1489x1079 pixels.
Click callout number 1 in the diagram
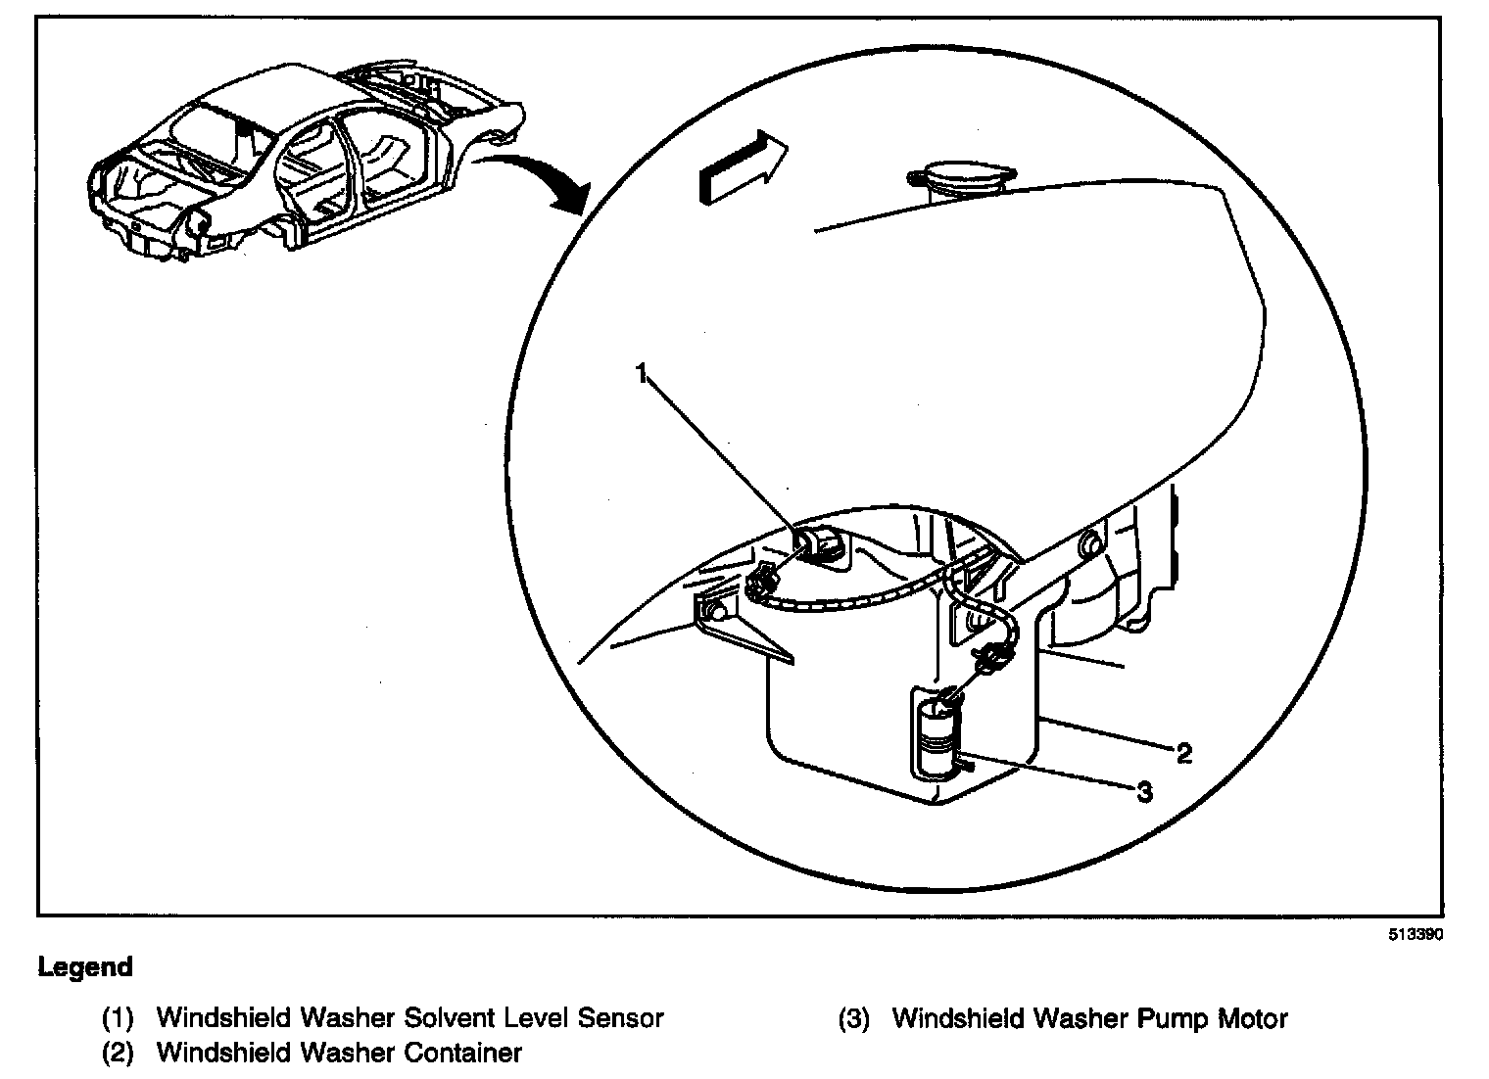(643, 373)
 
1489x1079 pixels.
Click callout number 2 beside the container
(1184, 753)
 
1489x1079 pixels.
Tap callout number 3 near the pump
(1145, 791)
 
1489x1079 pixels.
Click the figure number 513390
(1415, 934)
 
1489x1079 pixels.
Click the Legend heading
(85, 967)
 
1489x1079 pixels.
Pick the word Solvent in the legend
(452, 1018)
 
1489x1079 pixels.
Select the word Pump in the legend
(1172, 1018)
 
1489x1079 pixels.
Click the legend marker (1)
(118, 1018)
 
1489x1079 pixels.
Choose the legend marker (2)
(118, 1054)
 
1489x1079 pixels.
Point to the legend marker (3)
(853, 1018)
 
